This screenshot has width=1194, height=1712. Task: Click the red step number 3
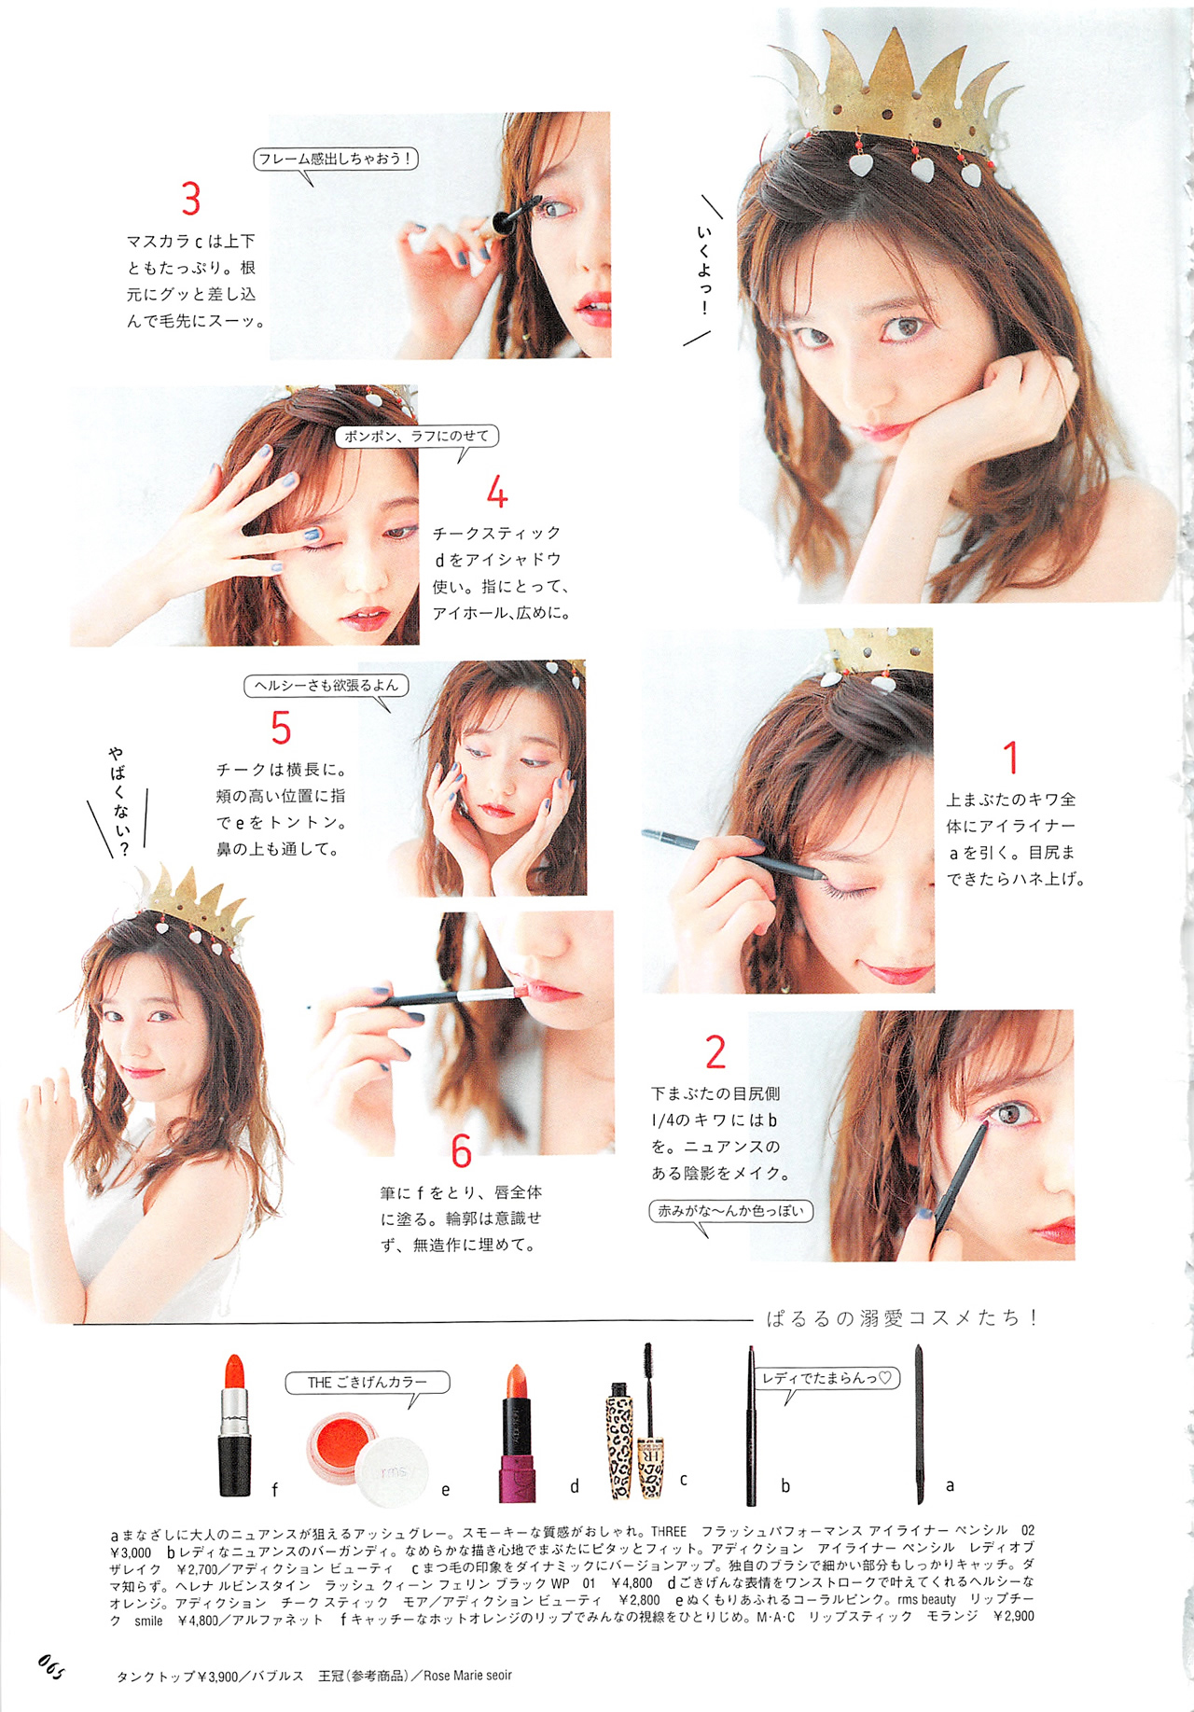[x=191, y=199]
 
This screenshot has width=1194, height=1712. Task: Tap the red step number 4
[x=497, y=492]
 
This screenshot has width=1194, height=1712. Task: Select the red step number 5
[x=281, y=728]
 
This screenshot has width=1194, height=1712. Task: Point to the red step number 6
[x=462, y=1151]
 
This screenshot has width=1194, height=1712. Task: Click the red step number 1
[x=1010, y=758]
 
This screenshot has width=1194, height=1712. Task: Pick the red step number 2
[x=715, y=1052]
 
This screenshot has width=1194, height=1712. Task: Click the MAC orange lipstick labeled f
[x=234, y=1425]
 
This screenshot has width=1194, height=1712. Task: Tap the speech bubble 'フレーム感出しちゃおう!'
[x=336, y=160]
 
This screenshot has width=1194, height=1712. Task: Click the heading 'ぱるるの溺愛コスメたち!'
[x=902, y=1317]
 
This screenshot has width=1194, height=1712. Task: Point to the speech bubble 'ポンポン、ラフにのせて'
[x=417, y=438]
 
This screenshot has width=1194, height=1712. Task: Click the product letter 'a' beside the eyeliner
[x=950, y=1485]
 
